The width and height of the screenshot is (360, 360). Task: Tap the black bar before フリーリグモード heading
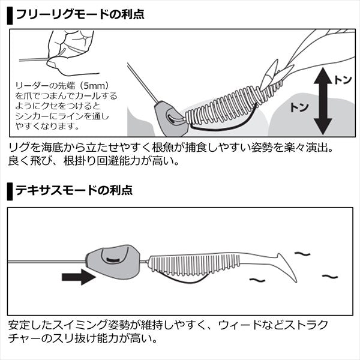10,13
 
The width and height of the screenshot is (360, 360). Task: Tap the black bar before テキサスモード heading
10,190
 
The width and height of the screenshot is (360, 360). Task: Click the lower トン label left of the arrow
299,107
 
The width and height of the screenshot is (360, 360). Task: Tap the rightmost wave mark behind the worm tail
329,277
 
